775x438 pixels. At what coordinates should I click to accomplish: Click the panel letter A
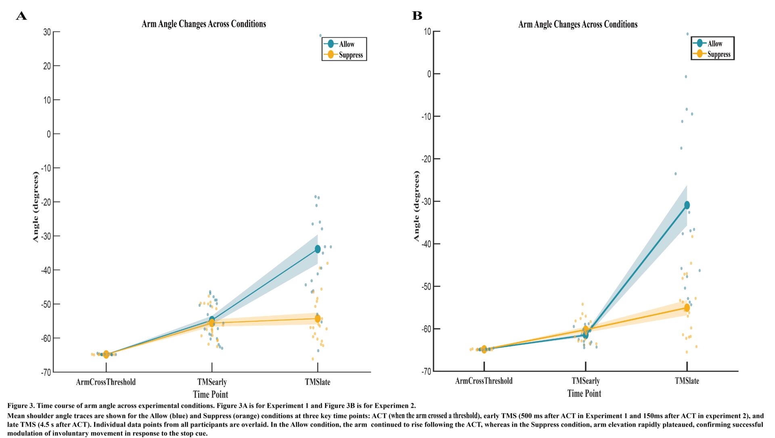click(21, 16)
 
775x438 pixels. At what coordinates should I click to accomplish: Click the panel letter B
click(417, 16)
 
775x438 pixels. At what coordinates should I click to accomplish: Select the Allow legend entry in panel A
click(346, 44)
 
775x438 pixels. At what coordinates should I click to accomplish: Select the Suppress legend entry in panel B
click(718, 54)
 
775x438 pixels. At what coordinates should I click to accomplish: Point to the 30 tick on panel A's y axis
click(47, 32)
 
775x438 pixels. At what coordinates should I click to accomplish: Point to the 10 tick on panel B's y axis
click(427, 32)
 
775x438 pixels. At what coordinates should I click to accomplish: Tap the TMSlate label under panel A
click(317, 382)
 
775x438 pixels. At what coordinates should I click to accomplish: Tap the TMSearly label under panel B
click(585, 381)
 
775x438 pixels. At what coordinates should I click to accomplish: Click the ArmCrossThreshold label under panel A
click(106, 382)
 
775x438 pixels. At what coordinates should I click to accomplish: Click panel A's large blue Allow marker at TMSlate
click(318, 249)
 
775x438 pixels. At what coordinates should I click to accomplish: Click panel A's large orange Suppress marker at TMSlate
click(318, 319)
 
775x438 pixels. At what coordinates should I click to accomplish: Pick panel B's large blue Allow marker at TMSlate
click(687, 205)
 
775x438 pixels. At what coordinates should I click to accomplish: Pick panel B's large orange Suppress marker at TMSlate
click(687, 308)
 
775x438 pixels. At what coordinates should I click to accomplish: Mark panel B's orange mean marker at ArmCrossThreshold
click(484, 350)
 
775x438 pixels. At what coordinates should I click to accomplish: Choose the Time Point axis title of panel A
click(210, 394)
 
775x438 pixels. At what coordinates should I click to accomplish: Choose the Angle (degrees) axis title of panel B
click(417, 206)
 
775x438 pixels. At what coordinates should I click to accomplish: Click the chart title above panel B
click(578, 24)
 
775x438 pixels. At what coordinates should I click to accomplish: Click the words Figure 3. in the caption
click(23, 406)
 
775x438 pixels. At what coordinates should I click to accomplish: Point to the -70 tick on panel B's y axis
click(426, 371)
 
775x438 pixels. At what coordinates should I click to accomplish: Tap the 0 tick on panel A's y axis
click(49, 134)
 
